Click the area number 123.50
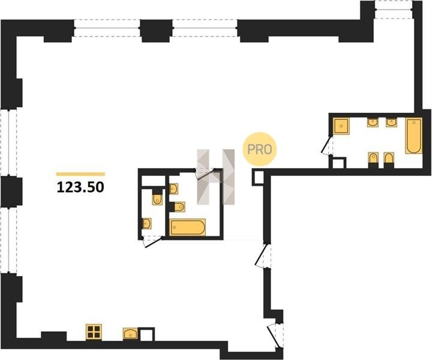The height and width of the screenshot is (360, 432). [x=80, y=188]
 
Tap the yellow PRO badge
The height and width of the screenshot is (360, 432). [x=260, y=149]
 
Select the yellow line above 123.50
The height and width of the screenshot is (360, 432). [x=80, y=174]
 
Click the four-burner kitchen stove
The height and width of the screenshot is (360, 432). [x=94, y=332]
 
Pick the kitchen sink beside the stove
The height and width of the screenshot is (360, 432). [x=130, y=334]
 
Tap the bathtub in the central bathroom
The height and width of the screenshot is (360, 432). [x=187, y=227]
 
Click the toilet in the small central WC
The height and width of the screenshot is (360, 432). [x=157, y=197]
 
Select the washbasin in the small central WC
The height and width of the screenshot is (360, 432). [x=147, y=223]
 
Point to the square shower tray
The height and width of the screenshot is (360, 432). [x=341, y=126]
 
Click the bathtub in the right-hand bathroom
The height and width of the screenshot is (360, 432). [x=413, y=136]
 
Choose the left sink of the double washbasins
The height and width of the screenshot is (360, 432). [x=373, y=122]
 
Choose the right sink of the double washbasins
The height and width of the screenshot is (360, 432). [x=391, y=122]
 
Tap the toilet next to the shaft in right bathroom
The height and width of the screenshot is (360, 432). [x=373, y=160]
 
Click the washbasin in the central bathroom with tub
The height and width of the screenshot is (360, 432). [x=173, y=188]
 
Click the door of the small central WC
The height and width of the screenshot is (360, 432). [x=152, y=242]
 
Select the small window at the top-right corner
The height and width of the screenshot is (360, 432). [x=394, y=10]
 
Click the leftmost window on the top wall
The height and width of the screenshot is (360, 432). [x=107, y=28]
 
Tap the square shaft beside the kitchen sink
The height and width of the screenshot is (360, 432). [x=146, y=334]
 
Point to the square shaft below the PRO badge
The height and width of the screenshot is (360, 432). [x=258, y=177]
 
